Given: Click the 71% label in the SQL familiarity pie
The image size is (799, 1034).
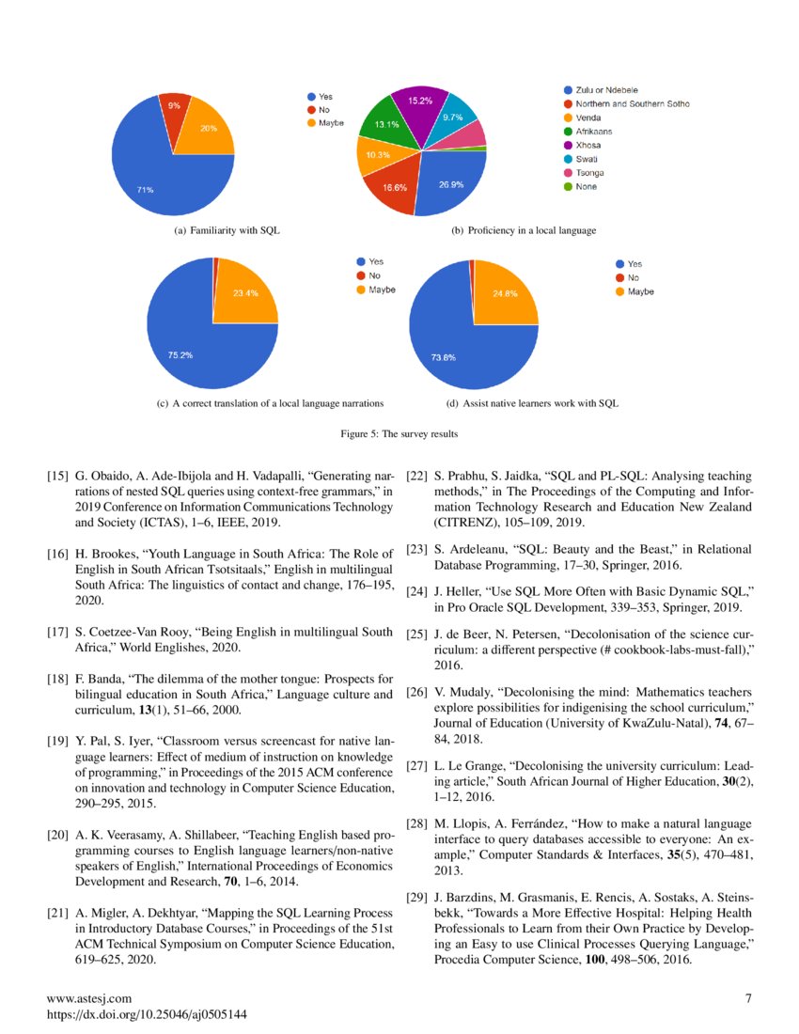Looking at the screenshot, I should pyautogui.click(x=145, y=190).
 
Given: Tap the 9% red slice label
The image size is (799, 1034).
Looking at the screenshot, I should pyautogui.click(x=174, y=106).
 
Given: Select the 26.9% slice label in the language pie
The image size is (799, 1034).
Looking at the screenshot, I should pyautogui.click(x=450, y=184).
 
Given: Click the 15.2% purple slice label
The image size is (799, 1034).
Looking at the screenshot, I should pyautogui.click(x=420, y=100).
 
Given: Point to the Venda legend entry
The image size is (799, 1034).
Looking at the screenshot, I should pyautogui.click(x=587, y=117).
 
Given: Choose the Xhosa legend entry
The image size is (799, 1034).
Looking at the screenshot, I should pyautogui.click(x=587, y=146).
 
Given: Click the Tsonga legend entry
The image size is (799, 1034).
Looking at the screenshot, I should pyautogui.click(x=589, y=173).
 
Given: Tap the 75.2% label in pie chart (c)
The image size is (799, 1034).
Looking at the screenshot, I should pyautogui.click(x=180, y=355).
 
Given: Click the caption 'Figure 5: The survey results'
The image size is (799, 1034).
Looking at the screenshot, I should pyautogui.click(x=399, y=434).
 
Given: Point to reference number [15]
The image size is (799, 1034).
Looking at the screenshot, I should pyautogui.click(x=57, y=478).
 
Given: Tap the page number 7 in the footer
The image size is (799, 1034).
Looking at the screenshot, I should pyautogui.click(x=748, y=998).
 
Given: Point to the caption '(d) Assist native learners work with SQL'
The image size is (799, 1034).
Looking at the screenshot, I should pyautogui.click(x=536, y=404).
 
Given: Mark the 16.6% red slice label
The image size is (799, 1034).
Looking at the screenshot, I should pyautogui.click(x=394, y=188).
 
